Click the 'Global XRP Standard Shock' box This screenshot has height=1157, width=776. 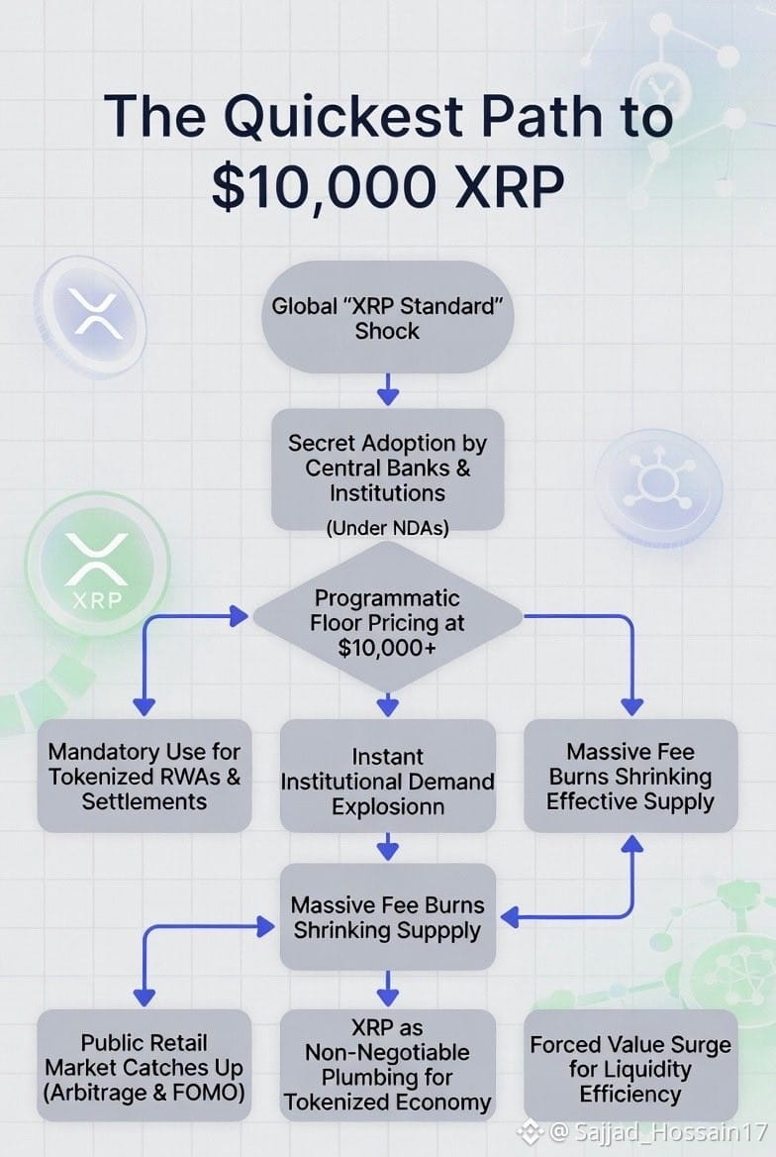pyautogui.click(x=387, y=317)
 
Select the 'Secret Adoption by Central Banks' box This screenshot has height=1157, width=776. pyautogui.click(x=387, y=470)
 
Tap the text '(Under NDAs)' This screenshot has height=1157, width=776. pyautogui.click(x=387, y=528)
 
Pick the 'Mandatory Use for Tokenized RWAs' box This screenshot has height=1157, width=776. pyautogui.click(x=145, y=776)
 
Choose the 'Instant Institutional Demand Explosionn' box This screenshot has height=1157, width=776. pyautogui.click(x=387, y=776)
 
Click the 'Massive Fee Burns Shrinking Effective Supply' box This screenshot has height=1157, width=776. pyautogui.click(x=630, y=776)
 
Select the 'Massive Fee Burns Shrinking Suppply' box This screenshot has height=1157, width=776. pyautogui.click(x=387, y=916)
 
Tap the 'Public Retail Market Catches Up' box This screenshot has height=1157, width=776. pyautogui.click(x=145, y=1066)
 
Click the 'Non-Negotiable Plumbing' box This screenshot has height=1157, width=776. pyautogui.click(x=387, y=1066)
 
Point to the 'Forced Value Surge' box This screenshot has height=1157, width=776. pyautogui.click(x=630, y=1066)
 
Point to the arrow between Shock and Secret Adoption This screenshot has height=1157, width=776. pyautogui.click(x=387, y=389)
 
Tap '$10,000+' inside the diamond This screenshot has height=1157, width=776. pyautogui.click(x=387, y=648)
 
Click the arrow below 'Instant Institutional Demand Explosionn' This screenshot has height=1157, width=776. pyautogui.click(x=387, y=847)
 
